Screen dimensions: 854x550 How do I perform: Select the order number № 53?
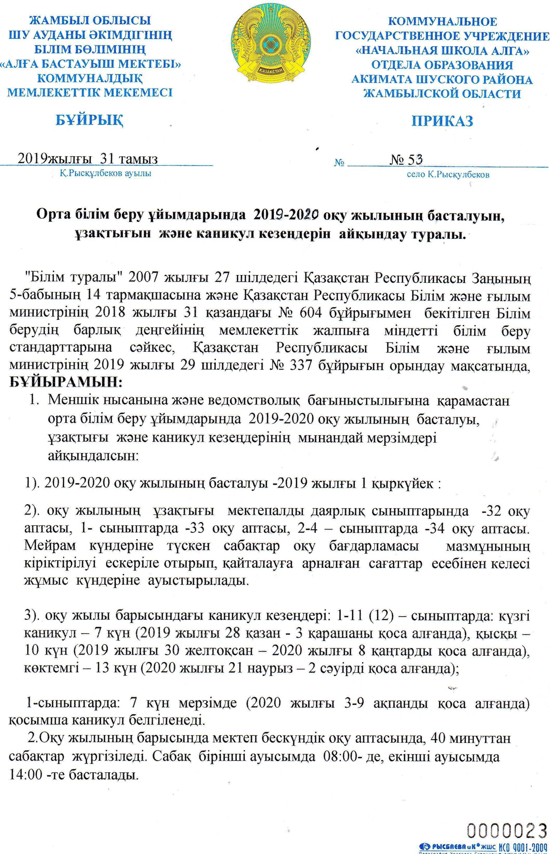pyautogui.click(x=406, y=160)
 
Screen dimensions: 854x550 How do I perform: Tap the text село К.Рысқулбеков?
pyautogui.click(x=448, y=175)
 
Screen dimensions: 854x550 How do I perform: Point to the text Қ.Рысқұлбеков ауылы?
pyautogui.click(x=105, y=174)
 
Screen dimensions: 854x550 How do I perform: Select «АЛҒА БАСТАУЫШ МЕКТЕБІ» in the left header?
pyautogui.click(x=90, y=64)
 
